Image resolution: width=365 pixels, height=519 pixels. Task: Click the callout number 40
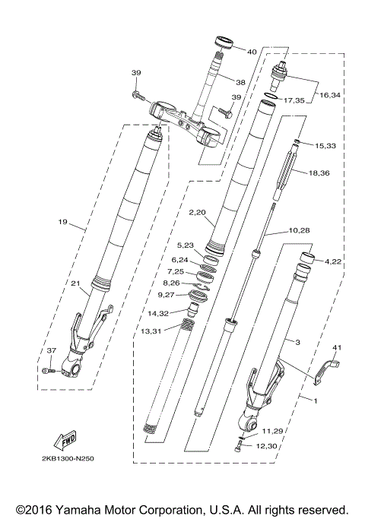point(252,52)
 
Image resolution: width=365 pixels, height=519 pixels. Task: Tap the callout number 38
point(240,82)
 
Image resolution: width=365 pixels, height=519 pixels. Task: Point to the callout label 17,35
point(293,100)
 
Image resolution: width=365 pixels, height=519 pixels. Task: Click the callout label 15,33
point(325,144)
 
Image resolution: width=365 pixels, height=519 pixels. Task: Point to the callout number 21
point(75,284)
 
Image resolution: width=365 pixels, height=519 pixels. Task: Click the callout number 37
point(51,350)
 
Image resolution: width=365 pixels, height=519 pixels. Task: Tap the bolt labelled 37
point(48,370)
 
